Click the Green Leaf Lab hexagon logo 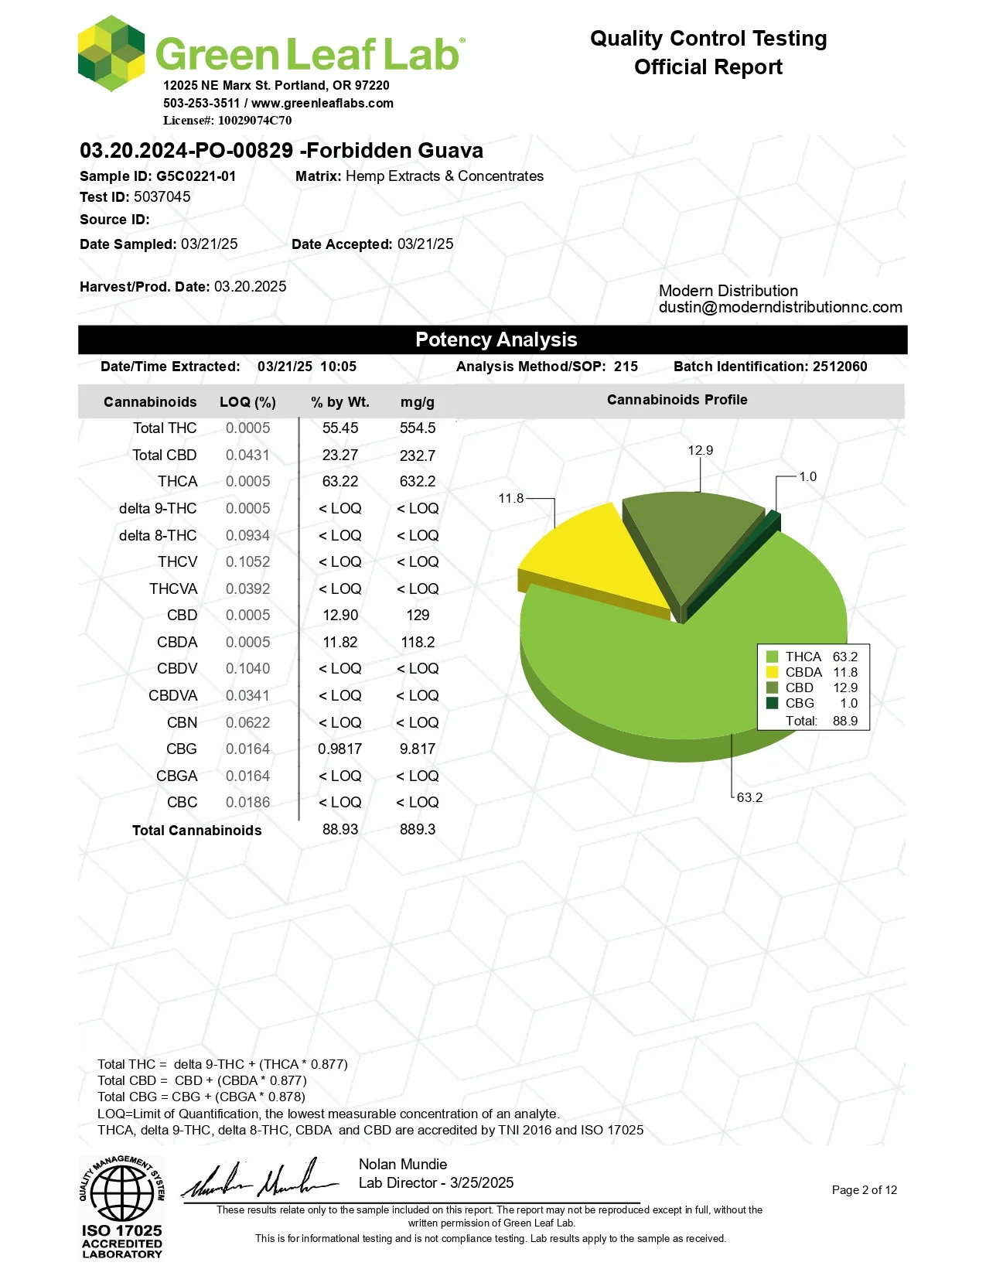(x=111, y=53)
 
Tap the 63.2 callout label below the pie (x=749, y=797)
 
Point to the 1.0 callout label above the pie (x=807, y=476)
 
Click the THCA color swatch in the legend (x=772, y=657)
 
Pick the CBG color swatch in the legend (x=772, y=703)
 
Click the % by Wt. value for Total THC (x=340, y=428)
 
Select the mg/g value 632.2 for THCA (x=418, y=482)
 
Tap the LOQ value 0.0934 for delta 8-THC (x=247, y=535)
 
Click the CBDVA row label (x=172, y=696)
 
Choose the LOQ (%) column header (x=247, y=402)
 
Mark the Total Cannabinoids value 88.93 (x=340, y=830)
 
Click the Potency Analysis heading (x=496, y=339)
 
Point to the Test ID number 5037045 (x=162, y=197)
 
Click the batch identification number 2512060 (x=840, y=367)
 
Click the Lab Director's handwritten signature (x=260, y=1181)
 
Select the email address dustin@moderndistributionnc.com (x=780, y=307)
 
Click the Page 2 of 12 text (x=864, y=1190)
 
